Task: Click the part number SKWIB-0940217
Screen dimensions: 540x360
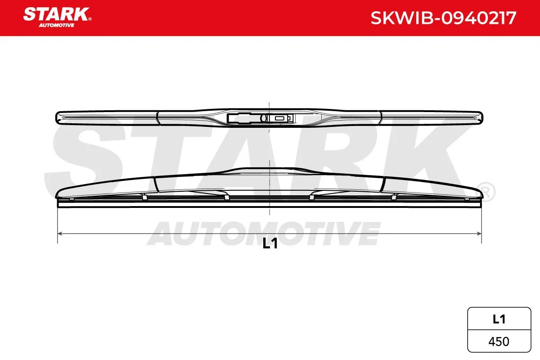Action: (x=443, y=18)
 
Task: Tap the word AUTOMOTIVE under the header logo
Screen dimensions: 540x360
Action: (x=56, y=25)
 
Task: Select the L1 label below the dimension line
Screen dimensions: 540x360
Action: (x=270, y=243)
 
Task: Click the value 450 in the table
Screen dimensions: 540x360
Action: (x=499, y=342)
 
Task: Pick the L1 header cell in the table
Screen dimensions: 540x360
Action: (x=499, y=319)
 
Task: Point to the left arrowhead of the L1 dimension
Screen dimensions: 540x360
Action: (x=60, y=234)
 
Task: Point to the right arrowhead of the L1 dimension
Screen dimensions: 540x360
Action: (x=479, y=234)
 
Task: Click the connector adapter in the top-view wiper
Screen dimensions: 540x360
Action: (x=261, y=118)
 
